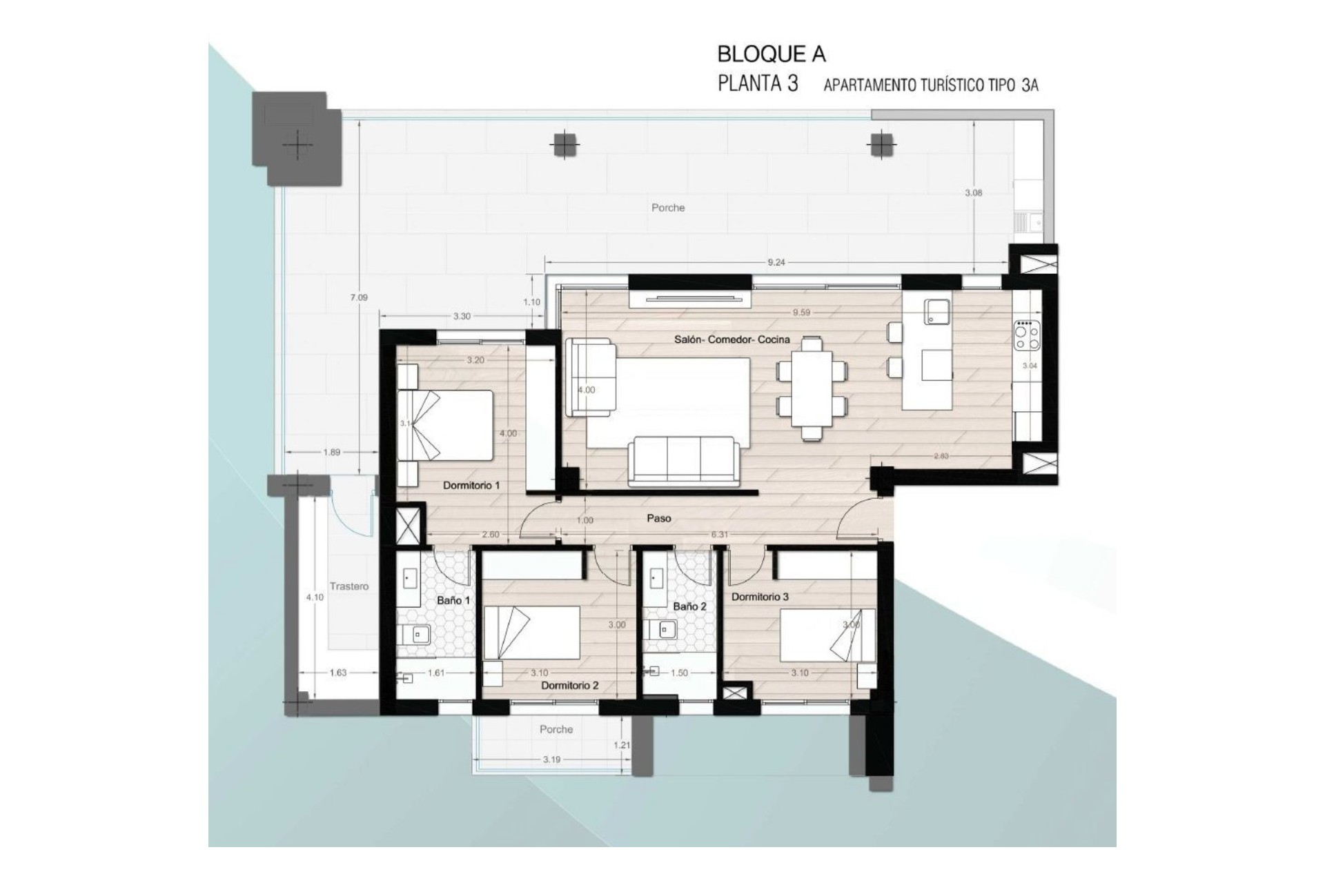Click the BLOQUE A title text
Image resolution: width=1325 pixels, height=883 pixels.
pos(771,54)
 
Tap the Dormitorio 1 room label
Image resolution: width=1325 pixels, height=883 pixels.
pos(471,486)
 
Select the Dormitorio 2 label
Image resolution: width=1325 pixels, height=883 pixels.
pos(569,685)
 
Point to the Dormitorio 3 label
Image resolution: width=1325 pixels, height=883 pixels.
pos(760,597)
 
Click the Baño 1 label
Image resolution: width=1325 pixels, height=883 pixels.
pos(453,600)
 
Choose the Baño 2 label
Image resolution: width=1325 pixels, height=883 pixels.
pos(689,606)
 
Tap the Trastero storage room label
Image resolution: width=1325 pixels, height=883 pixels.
pos(349,586)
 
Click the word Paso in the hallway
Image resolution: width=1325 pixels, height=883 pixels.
pos(658,518)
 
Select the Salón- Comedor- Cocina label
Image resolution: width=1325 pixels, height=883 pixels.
pos(732,339)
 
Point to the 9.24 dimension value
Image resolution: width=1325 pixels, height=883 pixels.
pos(776,262)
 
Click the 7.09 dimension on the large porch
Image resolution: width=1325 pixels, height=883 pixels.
pos(359,297)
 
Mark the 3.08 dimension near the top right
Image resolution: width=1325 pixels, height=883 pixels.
pos(973,193)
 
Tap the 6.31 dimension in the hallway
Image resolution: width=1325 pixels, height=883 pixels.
pos(719,535)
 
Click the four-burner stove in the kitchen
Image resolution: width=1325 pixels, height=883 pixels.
pos(1026,336)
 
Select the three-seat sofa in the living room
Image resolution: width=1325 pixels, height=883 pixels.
pos(683,459)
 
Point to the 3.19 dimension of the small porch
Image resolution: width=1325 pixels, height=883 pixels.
pos(551,760)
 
